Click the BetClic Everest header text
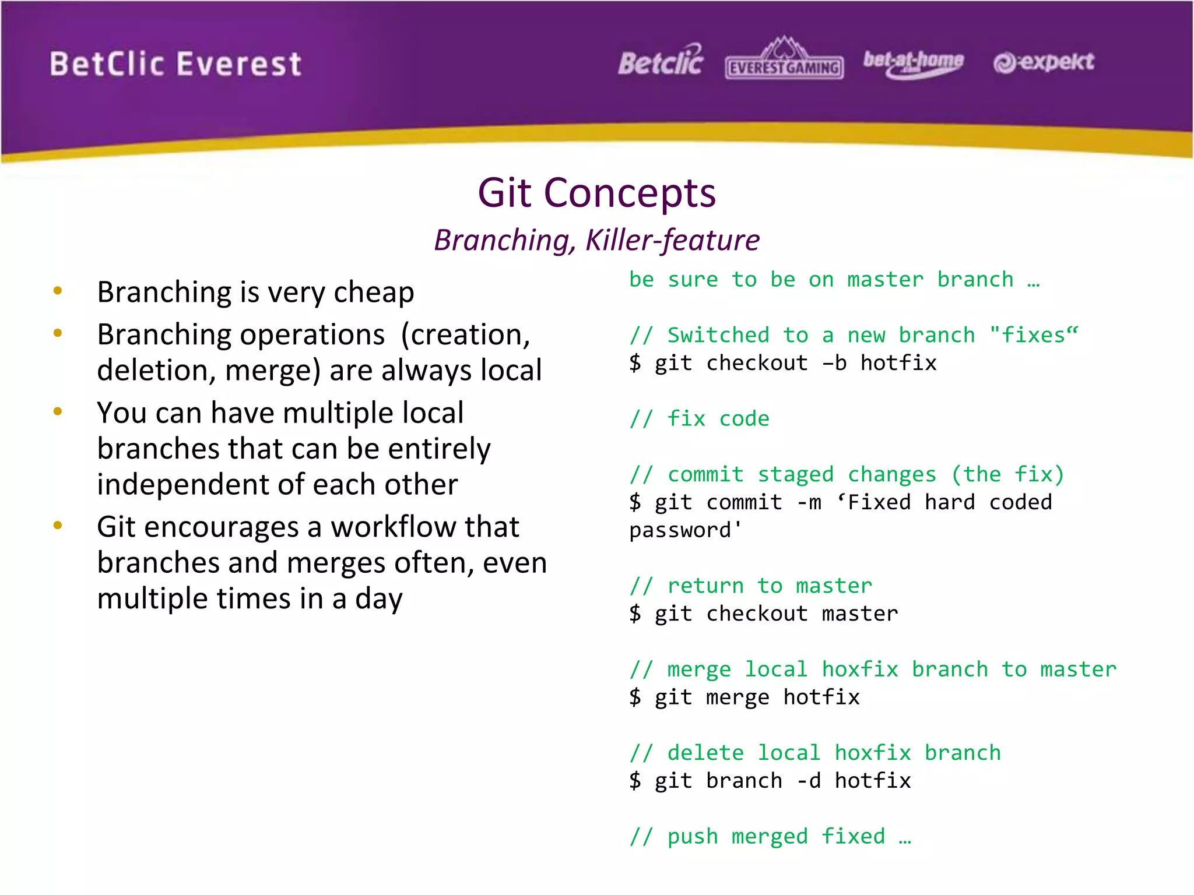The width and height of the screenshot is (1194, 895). pyautogui.click(x=175, y=64)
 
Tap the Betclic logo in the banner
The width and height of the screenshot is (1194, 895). pyautogui.click(x=661, y=61)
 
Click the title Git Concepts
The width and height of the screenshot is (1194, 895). pyautogui.click(x=596, y=193)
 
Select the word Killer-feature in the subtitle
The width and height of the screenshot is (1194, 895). pyautogui.click(x=672, y=240)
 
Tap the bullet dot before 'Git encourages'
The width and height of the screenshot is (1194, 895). pyautogui.click(x=57, y=526)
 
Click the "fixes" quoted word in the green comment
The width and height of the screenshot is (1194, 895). pyautogui.click(x=1033, y=336)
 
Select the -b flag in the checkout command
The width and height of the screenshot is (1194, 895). pyautogui.click(x=834, y=364)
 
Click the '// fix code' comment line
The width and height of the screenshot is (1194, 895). pyautogui.click(x=700, y=419)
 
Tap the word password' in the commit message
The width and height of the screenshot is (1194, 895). pyautogui.click(x=685, y=530)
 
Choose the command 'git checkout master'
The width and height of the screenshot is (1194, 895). pyautogui.click(x=775, y=614)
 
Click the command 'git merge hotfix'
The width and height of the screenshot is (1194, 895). pyautogui.click(x=756, y=697)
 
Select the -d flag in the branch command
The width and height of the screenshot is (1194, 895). pyautogui.click(x=808, y=781)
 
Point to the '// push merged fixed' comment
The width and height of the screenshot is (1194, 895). pyautogui.click(x=770, y=837)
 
